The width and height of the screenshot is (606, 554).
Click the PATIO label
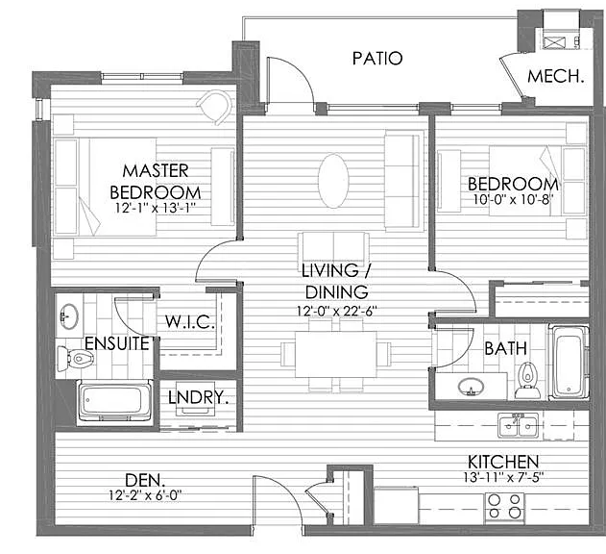pyautogui.click(x=377, y=59)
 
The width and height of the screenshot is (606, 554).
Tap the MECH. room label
pyautogui.click(x=555, y=76)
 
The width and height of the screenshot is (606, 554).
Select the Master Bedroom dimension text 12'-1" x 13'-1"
pyautogui.click(x=155, y=208)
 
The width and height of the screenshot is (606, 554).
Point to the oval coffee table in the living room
pyautogui.click(x=333, y=181)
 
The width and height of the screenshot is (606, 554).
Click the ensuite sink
pyautogui.click(x=69, y=316)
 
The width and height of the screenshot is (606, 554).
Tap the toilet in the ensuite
pyautogui.click(x=75, y=359)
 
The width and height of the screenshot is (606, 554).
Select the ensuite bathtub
pyautogui.click(x=114, y=401)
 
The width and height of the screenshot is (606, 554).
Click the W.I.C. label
pyautogui.click(x=190, y=321)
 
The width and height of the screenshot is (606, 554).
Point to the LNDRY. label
pyautogui.click(x=198, y=397)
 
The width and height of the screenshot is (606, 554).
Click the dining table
pyautogui.click(x=335, y=354)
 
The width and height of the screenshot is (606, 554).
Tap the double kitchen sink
pyautogui.click(x=519, y=426)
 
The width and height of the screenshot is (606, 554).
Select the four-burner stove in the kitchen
pyautogui.click(x=504, y=507)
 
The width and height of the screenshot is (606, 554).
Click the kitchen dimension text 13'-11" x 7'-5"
pyautogui.click(x=503, y=477)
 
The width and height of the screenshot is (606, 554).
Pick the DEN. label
pyautogui.click(x=145, y=481)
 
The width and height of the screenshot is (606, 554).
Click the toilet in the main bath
pyautogui.click(x=527, y=381)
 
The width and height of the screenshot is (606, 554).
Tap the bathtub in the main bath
pyautogui.click(x=569, y=363)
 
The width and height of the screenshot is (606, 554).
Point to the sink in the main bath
pyautogui.click(x=471, y=387)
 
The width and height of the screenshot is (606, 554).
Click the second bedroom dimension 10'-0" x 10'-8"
pyautogui.click(x=513, y=200)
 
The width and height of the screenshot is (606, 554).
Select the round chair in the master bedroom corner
pyautogui.click(x=214, y=106)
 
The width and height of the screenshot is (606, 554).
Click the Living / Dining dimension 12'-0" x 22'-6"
pyautogui.click(x=336, y=311)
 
